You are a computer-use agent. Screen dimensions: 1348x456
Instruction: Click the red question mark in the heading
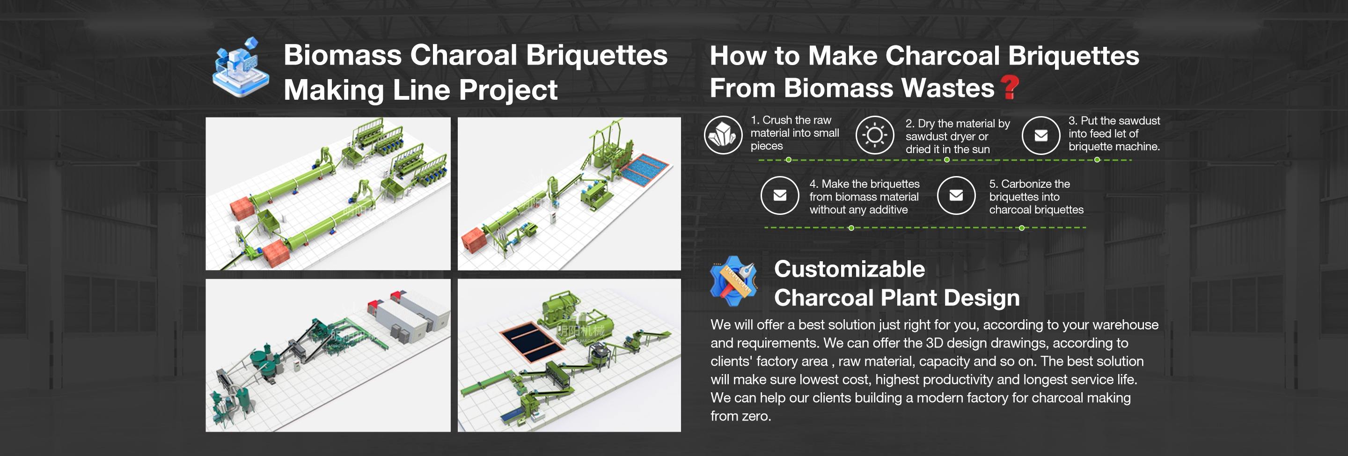click(x=1010, y=87)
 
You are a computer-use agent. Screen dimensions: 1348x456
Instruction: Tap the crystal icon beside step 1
click(x=723, y=135)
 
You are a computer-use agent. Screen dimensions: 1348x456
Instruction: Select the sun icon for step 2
click(x=874, y=135)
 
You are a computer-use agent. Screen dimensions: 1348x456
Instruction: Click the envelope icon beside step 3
click(x=1041, y=135)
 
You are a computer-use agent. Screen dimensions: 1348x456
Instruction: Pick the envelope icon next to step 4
click(x=780, y=195)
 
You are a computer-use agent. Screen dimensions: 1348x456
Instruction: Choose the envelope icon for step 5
click(x=956, y=195)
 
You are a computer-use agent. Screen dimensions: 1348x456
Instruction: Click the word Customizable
click(x=850, y=269)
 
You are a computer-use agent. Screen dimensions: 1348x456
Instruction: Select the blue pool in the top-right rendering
click(x=644, y=168)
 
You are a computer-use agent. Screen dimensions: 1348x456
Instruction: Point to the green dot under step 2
click(x=946, y=160)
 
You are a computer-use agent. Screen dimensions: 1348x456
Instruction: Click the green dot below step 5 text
click(x=1021, y=228)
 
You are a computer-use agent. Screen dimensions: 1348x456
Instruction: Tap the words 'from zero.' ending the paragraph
click(x=741, y=416)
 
